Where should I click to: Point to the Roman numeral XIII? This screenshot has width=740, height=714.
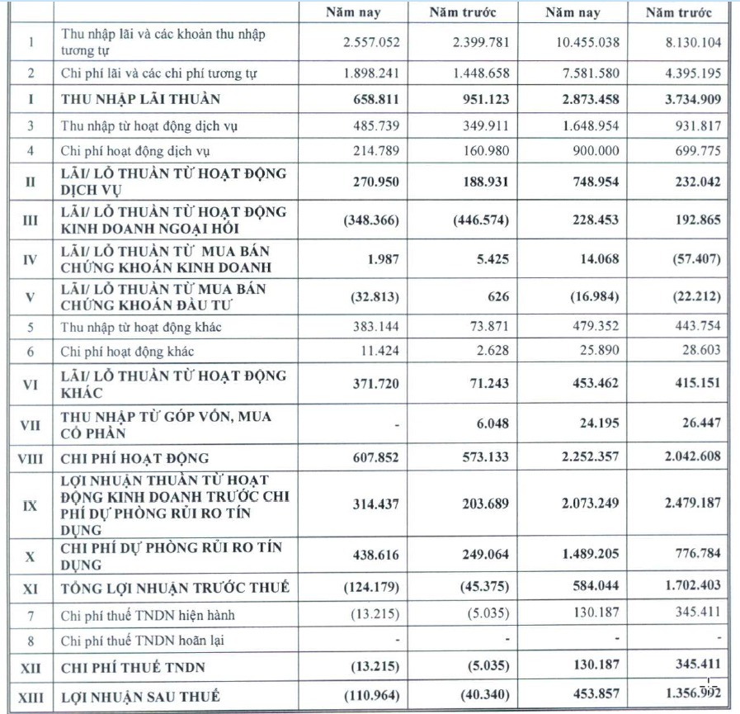(x=30, y=697)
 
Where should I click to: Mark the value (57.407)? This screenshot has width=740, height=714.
(x=696, y=258)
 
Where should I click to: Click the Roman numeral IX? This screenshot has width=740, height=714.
(x=30, y=504)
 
